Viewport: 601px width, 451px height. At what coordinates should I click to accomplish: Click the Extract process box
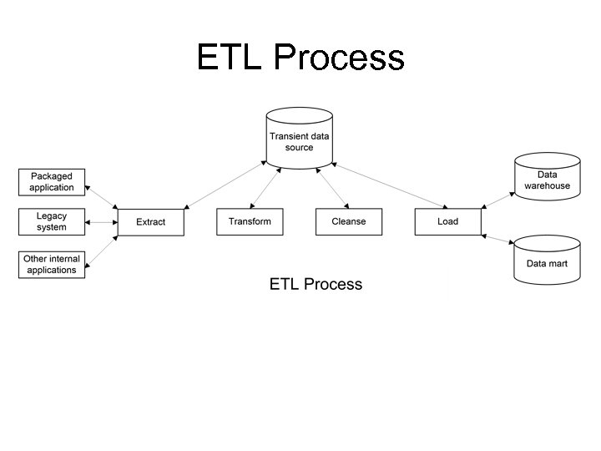150,222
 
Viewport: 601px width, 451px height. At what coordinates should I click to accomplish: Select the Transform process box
250,221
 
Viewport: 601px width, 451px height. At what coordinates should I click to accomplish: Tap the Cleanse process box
348,221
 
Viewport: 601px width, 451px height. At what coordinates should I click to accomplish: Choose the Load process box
447,221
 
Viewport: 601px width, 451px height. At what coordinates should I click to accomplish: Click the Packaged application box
52,182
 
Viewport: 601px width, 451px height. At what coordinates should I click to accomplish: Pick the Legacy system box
52,221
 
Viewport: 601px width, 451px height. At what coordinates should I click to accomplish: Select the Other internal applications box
52,265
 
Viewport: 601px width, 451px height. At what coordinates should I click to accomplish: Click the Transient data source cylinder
299,139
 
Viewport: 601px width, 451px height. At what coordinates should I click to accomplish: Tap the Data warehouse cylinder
547,178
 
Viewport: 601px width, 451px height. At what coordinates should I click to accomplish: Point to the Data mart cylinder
547,261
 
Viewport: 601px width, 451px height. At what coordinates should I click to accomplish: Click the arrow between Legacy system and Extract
101,222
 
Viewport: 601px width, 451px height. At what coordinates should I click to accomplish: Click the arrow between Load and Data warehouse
497,197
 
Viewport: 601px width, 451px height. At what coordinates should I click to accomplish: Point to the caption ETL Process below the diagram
316,284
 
